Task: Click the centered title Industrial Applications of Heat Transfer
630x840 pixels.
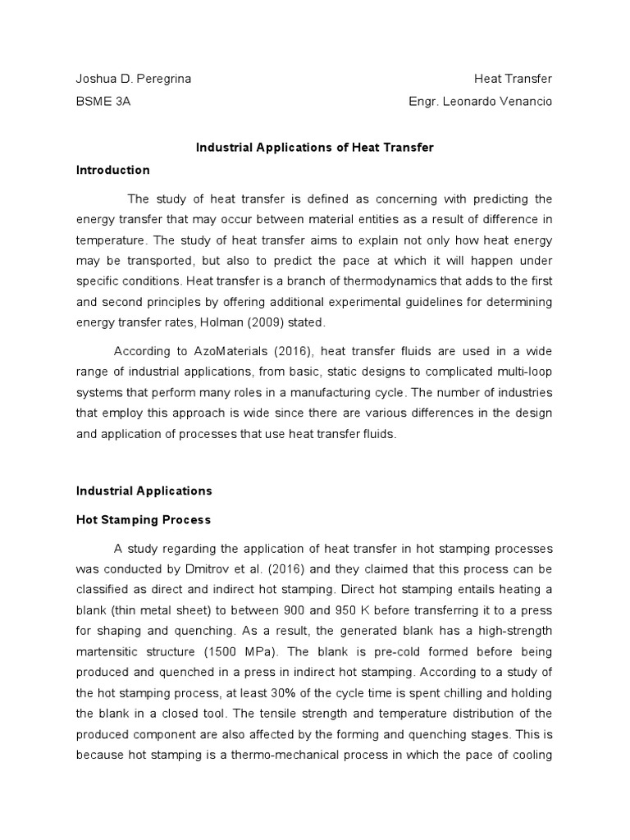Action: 315,148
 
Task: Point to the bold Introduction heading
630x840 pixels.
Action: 113,171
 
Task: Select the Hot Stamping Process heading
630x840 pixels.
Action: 144,520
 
